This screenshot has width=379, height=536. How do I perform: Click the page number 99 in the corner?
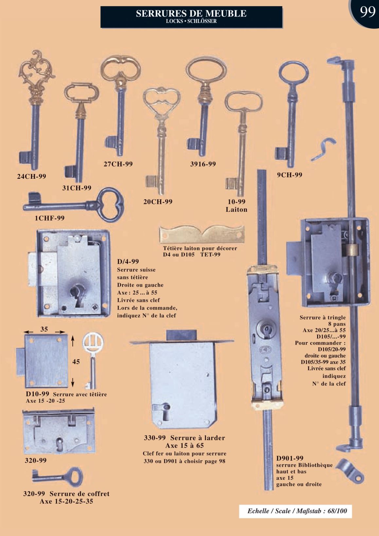click(368, 12)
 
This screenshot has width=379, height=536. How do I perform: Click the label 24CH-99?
click(31, 176)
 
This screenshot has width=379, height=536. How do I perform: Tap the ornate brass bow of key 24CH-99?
click(36, 76)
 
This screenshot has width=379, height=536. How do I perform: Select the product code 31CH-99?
click(77, 188)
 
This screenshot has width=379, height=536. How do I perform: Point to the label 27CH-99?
click(118, 164)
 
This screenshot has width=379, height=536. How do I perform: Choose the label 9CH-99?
click(290, 175)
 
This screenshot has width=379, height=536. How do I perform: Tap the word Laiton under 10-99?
click(237, 209)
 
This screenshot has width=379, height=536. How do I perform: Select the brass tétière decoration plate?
click(202, 235)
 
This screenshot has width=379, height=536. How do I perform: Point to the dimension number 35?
click(44, 329)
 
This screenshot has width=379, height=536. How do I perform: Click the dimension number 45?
click(76, 361)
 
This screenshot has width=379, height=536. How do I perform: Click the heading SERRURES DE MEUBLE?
click(191, 13)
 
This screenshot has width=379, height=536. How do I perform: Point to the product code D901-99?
click(290, 458)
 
